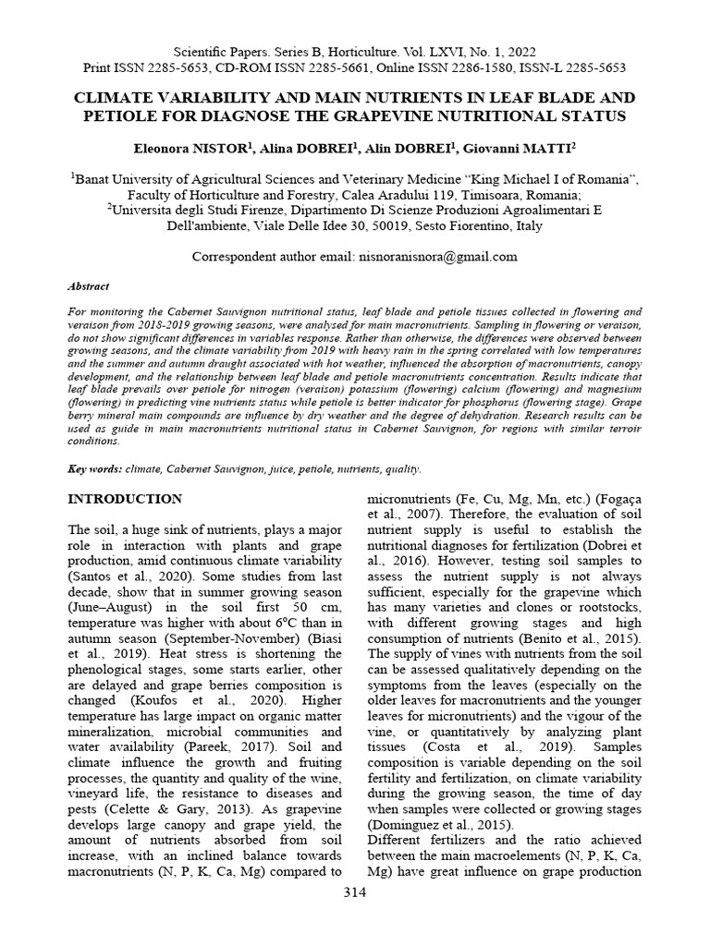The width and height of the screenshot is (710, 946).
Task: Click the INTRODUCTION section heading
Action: (127, 499)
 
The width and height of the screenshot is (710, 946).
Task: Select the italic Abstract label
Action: (89, 287)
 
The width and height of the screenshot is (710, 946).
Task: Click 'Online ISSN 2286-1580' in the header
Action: (454, 67)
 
